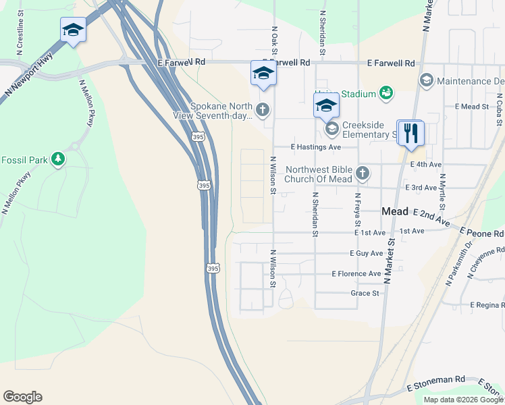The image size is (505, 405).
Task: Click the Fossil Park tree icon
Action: click(x=59, y=159)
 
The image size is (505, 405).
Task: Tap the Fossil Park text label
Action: click(x=25, y=160)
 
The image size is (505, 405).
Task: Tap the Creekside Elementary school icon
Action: click(x=331, y=128)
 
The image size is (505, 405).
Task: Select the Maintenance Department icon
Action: click(x=426, y=81)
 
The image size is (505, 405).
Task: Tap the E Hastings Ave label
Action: click(x=315, y=146)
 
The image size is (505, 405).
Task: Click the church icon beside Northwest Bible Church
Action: click(x=363, y=173)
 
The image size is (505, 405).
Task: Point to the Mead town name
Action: click(x=395, y=211)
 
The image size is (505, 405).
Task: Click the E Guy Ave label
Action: click(x=366, y=253)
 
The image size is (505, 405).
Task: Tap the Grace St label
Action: click(x=365, y=293)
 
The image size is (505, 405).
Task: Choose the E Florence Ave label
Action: click(x=356, y=273)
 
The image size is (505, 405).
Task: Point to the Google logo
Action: click(x=22, y=397)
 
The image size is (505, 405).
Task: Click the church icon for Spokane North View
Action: click(x=263, y=109)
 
